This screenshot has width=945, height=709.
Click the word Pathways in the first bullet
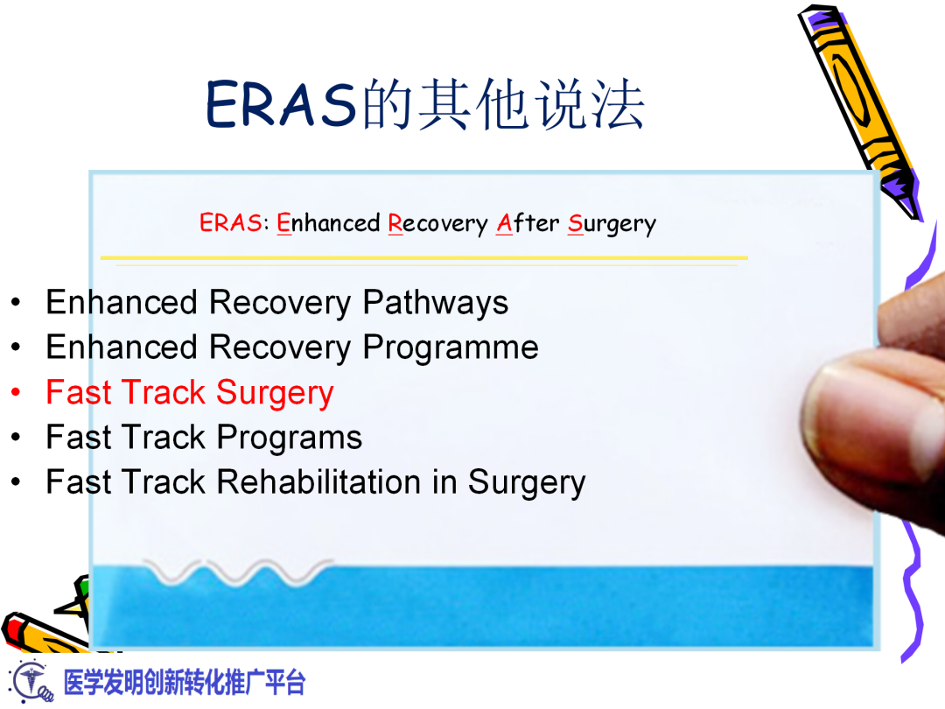[x=435, y=303]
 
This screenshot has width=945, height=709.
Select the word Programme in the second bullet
[x=451, y=347]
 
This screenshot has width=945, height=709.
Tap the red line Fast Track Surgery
[x=189, y=393]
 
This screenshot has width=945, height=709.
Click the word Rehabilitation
[x=320, y=482]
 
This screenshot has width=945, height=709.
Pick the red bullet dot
[x=16, y=394]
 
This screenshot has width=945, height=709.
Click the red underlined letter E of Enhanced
[x=283, y=224]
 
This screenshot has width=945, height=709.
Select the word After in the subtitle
[x=528, y=223]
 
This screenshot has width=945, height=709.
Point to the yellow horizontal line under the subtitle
[x=423, y=258]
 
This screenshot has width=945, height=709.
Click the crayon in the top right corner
[x=857, y=105]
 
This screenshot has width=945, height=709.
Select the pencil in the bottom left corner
[x=44, y=630]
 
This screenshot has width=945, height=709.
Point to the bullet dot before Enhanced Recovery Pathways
[x=16, y=304]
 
